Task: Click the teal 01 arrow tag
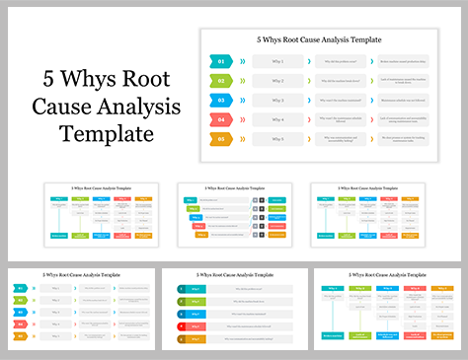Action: (x=222, y=61)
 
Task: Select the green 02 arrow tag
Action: (x=222, y=81)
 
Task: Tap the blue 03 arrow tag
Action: (x=222, y=101)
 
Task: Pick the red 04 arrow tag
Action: (x=222, y=120)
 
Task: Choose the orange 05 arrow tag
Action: (x=222, y=140)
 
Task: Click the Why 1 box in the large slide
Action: (x=277, y=61)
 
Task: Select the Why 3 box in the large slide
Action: (x=277, y=101)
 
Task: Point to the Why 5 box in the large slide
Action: (x=277, y=140)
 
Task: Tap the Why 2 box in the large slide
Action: (x=277, y=81)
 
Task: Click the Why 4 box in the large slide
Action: (x=277, y=120)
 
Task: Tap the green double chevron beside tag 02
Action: (x=245, y=81)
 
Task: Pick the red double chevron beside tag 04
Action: (x=245, y=120)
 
